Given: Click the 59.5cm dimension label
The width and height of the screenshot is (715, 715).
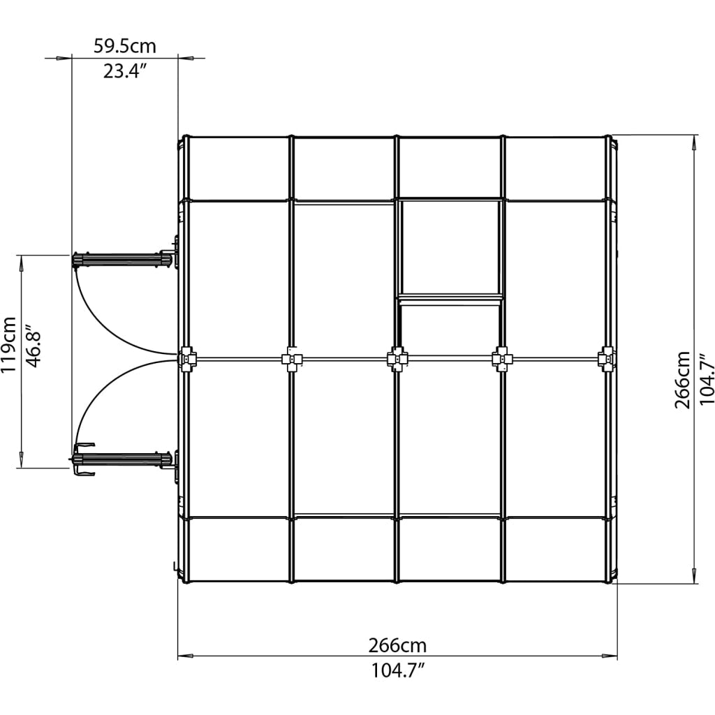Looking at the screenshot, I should tap(125, 47).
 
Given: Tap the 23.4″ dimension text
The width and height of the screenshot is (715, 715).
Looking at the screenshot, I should tap(125, 71).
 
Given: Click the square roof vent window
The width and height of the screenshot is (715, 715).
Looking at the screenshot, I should tap(450, 249).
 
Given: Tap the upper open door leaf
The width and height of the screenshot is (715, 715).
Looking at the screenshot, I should tap(123, 260).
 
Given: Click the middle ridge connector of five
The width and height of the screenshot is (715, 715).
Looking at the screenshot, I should tap(397, 359).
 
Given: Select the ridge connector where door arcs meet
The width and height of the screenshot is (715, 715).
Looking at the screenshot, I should tap(187, 359).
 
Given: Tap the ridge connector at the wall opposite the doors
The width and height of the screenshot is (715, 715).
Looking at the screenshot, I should tap(606, 359).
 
